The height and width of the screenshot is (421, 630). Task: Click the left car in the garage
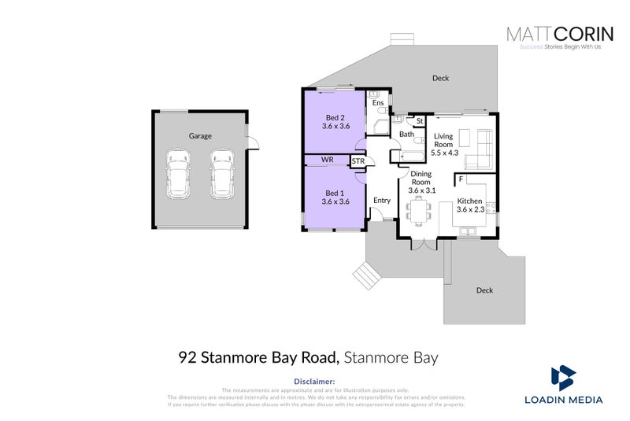pos(178,175)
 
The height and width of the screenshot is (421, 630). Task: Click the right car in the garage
pos(222,175)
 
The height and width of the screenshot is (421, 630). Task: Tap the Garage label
pos(200,136)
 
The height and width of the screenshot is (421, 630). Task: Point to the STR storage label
pos(358,161)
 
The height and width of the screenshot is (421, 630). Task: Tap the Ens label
pos(378,103)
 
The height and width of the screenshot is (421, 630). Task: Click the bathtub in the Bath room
pos(412,157)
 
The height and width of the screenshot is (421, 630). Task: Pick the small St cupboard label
pos(420,121)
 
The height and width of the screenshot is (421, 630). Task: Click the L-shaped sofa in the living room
pos(478,151)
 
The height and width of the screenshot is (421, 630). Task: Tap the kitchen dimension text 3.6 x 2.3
pos(470,209)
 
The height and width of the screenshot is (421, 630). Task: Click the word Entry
pos(382,201)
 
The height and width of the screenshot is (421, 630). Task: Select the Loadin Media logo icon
pos(563,379)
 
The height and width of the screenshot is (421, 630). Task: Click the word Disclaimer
pos(314,382)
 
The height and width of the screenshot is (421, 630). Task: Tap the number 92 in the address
pos(188,357)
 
